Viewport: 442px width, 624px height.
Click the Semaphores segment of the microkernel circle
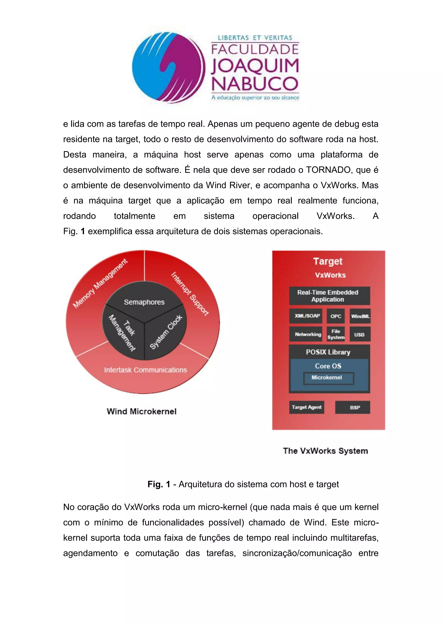(x=144, y=302)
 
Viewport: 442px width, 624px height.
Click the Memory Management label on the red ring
(x=100, y=284)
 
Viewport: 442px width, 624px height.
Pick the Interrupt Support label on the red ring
(x=190, y=294)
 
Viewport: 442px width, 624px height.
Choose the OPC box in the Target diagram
(x=336, y=316)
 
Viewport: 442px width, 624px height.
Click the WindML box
(x=360, y=316)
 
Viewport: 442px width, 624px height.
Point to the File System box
(x=336, y=334)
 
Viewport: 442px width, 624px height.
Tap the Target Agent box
(x=306, y=407)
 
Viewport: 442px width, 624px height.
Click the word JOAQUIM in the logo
(x=255, y=66)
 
